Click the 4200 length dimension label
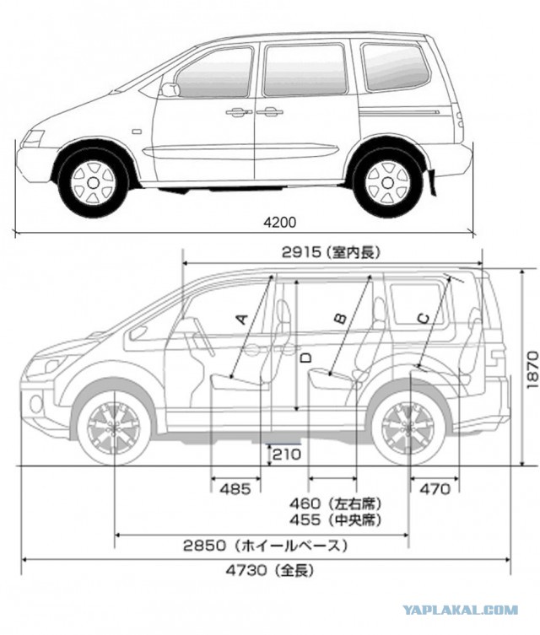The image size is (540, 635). coord(280,222)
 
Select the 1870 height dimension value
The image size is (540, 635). coord(532,370)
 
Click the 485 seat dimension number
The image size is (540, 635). coord(235,490)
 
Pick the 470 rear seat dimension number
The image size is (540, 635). coord(435,490)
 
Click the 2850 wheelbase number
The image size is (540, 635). coord(204,546)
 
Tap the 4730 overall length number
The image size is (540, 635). coord(246,570)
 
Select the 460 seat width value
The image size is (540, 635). coord(305,504)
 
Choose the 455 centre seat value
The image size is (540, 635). coord(305,519)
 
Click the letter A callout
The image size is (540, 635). coord(242,319)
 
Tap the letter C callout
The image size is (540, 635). coord(424,319)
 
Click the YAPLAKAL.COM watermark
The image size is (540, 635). coord(460,610)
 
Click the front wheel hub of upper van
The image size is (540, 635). coord(93,183)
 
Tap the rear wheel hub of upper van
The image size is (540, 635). coord(387,183)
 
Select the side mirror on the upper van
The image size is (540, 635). coord(170,89)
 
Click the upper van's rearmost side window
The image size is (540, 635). coord(395,67)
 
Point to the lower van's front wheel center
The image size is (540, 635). coord(115,428)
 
